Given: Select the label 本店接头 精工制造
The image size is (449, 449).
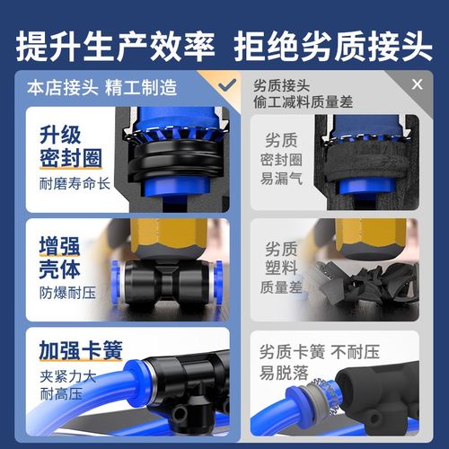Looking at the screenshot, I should [x=101, y=89].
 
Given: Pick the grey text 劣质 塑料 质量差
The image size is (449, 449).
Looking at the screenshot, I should [x=286, y=268].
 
